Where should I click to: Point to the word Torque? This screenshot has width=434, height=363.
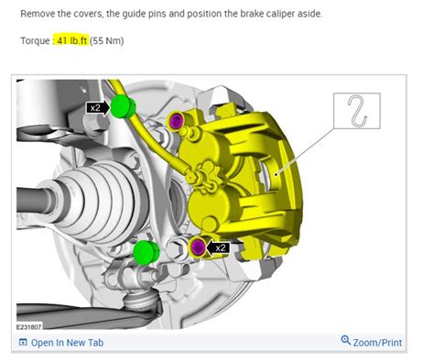[35, 42]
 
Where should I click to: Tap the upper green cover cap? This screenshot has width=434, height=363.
[123, 107]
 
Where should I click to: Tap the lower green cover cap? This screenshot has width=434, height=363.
[143, 251]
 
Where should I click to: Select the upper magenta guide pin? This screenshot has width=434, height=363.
[177, 121]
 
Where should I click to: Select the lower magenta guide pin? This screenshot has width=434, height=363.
[196, 246]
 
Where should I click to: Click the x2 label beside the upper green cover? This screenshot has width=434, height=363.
[95, 107]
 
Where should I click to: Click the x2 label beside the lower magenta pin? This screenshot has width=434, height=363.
[220, 247]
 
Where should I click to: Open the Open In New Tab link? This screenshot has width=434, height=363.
[67, 343]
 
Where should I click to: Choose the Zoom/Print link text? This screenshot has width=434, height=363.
[377, 343]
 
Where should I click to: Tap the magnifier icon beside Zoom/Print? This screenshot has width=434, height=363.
[345, 341]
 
